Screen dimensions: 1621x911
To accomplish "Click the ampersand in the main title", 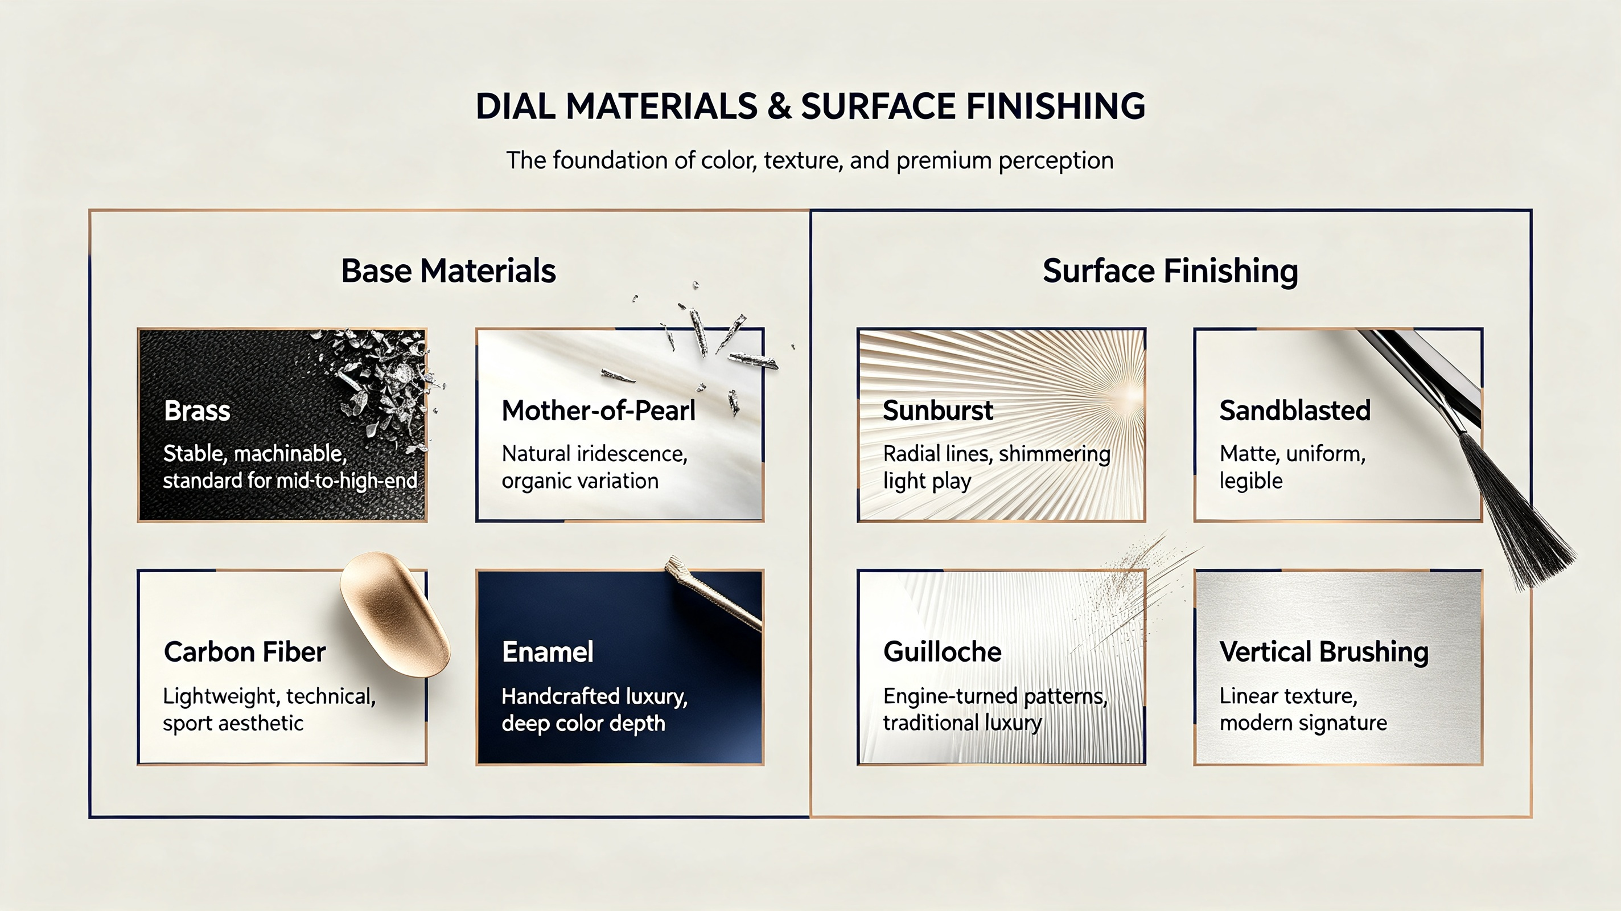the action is (779, 106).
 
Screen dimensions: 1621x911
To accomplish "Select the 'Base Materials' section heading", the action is (448, 270).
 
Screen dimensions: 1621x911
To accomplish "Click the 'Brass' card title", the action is (197, 411).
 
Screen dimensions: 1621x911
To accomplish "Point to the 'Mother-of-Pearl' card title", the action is (598, 411).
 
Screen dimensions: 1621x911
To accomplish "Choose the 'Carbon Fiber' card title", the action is (245, 651).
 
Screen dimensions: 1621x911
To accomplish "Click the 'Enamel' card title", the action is (548, 651).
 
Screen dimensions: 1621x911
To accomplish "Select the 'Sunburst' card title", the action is (937, 411).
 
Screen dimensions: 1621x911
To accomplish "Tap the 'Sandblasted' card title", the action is (1295, 411).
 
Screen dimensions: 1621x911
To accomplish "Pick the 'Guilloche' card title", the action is (942, 651).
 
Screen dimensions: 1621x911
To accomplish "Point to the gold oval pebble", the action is (395, 614).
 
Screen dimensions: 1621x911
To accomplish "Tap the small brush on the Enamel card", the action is (714, 593).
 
